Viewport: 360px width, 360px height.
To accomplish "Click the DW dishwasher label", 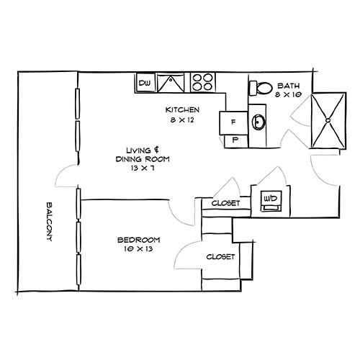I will pos(144,84).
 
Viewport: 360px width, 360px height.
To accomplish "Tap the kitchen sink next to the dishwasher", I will pos(171,84).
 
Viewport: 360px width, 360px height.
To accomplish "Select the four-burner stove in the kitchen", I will pos(202,83).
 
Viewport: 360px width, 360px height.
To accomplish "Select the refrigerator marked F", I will pos(233,122).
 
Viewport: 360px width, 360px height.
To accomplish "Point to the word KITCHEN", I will pos(182,109).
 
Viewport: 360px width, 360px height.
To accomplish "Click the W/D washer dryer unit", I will pos(271,198).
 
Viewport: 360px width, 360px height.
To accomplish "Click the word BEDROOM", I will pos(139,239).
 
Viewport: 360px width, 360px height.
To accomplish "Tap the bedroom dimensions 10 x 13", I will pos(139,249).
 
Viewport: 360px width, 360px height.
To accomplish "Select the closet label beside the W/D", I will pos(225,204).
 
